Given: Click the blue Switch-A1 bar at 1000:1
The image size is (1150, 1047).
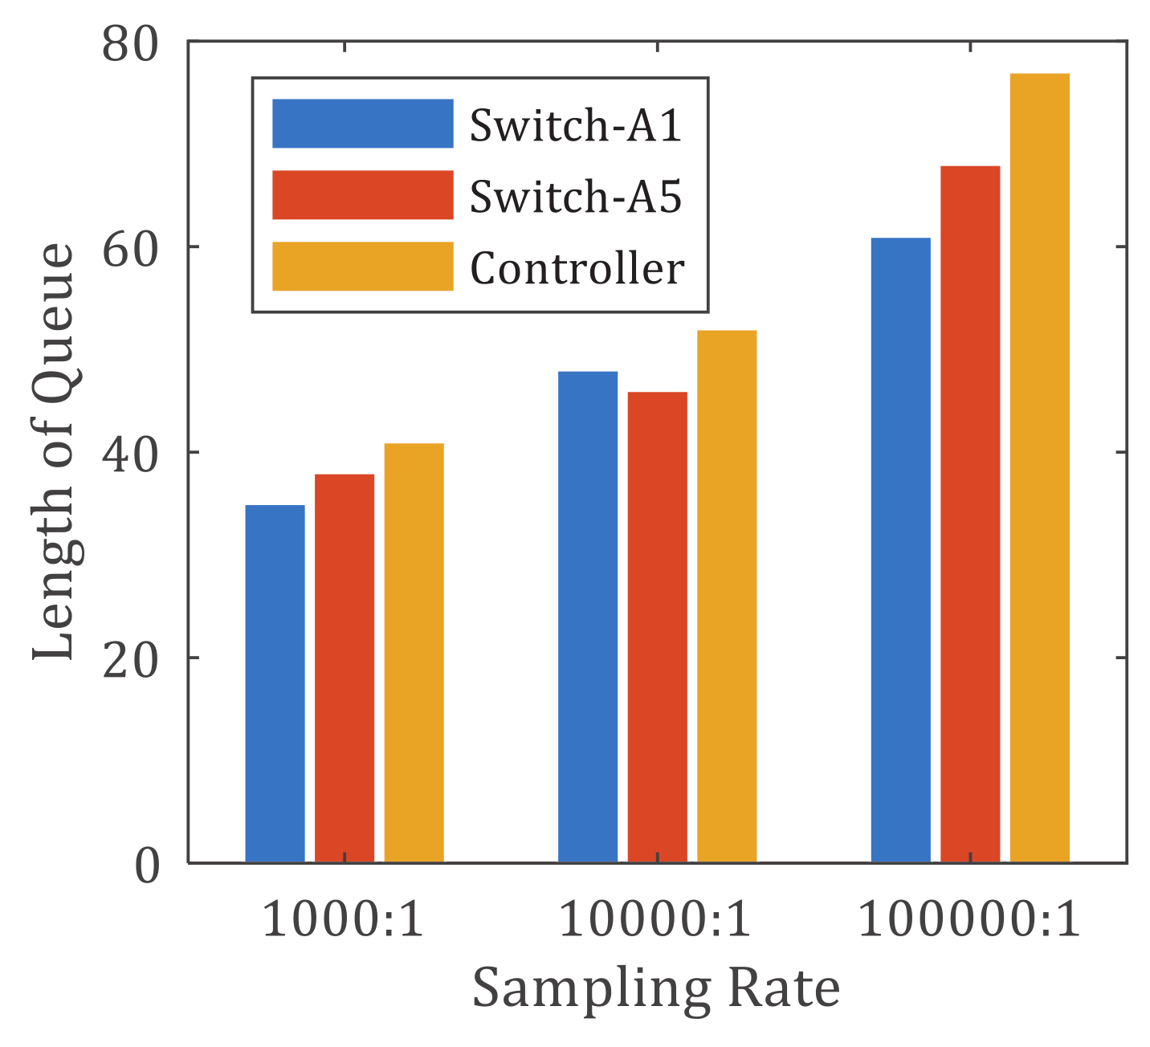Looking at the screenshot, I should click(x=275, y=683).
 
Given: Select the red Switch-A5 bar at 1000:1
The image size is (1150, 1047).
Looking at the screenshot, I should click(x=345, y=668).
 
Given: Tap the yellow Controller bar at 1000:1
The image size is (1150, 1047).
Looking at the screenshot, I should click(x=414, y=653).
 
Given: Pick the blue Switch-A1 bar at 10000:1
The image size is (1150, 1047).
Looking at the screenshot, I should click(x=588, y=617).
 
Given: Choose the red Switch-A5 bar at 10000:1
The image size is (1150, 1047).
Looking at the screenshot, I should click(x=657, y=627).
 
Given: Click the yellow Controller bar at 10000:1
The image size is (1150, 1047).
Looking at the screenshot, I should click(x=727, y=597).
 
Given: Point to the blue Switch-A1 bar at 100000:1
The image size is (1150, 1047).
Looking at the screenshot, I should click(x=900, y=550).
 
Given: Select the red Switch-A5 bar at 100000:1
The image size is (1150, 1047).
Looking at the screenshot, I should click(x=970, y=514).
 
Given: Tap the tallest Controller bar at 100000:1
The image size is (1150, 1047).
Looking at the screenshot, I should click(x=1040, y=468).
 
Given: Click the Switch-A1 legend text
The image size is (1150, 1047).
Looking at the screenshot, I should click(x=576, y=125).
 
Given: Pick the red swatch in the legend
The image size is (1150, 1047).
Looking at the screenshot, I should click(x=362, y=195).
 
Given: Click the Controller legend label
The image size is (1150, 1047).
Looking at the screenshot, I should click(x=577, y=267).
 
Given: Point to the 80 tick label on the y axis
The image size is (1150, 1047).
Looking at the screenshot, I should click(x=131, y=43).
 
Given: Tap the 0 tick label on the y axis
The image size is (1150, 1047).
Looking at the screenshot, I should click(x=146, y=865).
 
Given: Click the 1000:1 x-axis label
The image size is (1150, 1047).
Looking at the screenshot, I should click(x=344, y=919).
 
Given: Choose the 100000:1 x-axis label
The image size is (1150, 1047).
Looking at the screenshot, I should click(x=970, y=919).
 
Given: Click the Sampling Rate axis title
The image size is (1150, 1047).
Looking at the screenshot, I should click(x=656, y=988).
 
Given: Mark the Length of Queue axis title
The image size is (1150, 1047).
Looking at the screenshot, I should click(x=55, y=452).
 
